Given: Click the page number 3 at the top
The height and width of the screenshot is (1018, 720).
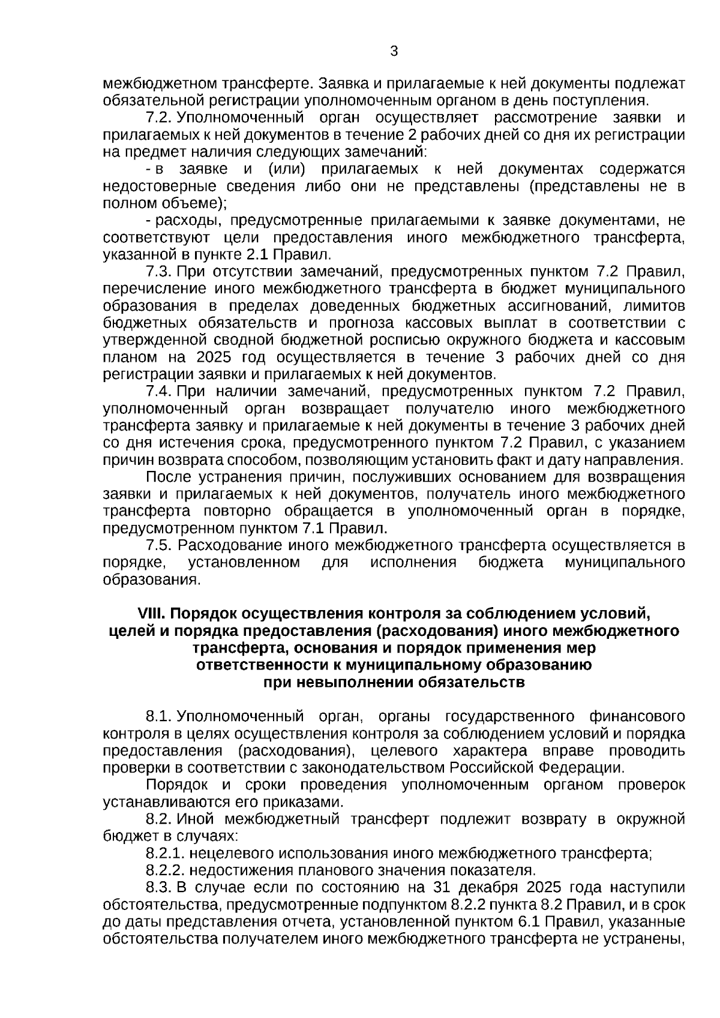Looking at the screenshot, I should (x=394, y=52).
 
